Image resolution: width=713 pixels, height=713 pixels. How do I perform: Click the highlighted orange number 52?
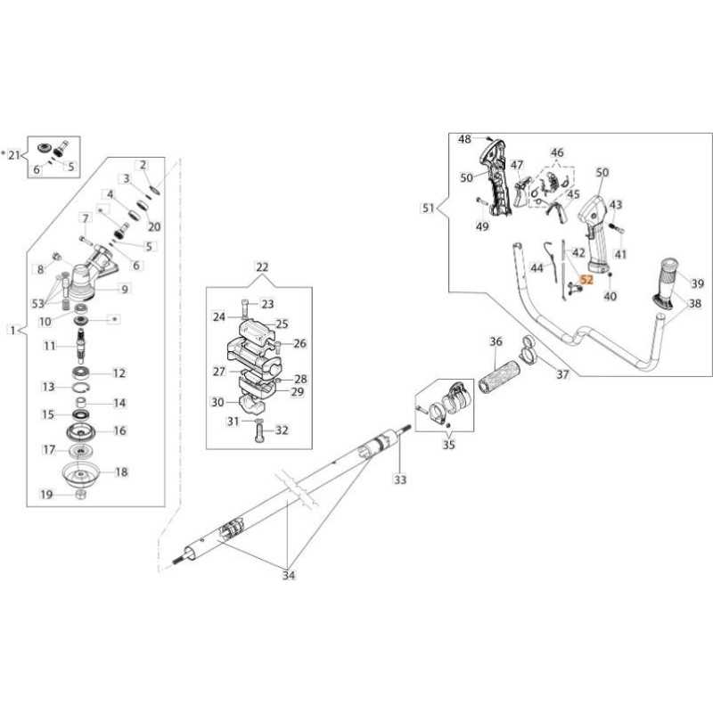586,280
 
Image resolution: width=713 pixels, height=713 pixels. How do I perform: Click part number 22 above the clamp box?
261,267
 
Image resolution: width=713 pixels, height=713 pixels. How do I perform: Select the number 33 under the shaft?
400,480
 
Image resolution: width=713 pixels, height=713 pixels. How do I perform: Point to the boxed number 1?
11,330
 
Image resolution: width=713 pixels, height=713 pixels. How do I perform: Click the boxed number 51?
429,209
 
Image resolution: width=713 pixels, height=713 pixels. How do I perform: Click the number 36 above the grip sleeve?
496,341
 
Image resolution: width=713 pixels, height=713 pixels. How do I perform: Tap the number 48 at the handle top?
464,139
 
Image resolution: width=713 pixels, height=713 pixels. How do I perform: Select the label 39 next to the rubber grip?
698,283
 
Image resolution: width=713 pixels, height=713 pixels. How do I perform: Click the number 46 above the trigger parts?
557,153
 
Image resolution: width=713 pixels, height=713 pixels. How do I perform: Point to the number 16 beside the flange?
119,430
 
